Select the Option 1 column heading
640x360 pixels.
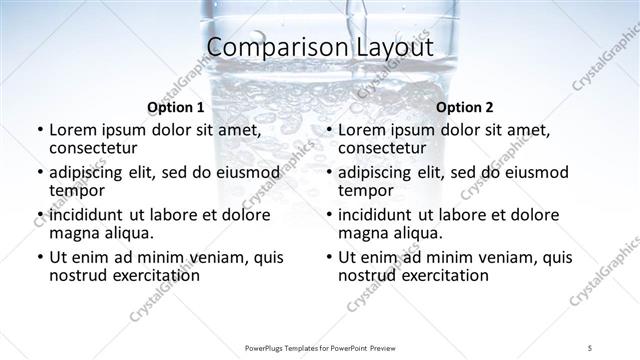(x=175, y=106)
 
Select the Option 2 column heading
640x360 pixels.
(x=465, y=106)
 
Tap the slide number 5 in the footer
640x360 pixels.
(x=591, y=346)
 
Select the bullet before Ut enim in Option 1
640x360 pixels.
(x=39, y=257)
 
